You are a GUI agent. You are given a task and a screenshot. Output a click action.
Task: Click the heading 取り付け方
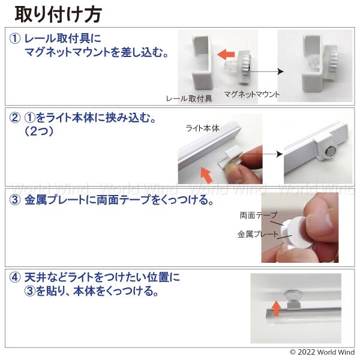(59, 14)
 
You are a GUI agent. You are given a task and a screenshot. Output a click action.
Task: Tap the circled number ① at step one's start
(15, 38)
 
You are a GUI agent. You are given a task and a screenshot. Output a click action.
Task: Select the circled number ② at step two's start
(15, 118)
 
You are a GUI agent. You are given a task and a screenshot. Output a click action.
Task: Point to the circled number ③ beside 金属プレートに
(15, 200)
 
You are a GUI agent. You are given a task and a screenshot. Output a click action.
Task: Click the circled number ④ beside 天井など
(15, 277)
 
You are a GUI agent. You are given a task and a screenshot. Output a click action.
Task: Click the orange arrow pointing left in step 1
(226, 55)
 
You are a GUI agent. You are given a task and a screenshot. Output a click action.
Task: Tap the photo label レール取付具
(189, 99)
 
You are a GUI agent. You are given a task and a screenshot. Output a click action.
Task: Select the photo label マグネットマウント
(252, 94)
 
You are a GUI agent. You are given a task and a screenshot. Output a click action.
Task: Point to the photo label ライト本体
(203, 128)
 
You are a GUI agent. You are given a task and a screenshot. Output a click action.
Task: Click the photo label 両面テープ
(259, 215)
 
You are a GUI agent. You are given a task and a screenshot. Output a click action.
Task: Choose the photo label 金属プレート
(258, 234)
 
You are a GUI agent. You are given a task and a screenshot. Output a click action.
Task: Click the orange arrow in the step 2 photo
(206, 175)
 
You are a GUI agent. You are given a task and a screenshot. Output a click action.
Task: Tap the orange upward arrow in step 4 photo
(276, 308)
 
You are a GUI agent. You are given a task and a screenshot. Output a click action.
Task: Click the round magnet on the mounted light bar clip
(331, 151)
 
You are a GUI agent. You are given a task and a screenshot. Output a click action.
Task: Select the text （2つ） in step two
(39, 131)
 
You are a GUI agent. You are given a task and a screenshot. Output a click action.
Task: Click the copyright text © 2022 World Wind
(322, 352)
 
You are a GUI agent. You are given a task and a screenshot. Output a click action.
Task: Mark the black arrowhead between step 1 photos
(280, 71)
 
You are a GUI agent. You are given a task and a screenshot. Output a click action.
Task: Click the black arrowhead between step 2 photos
(280, 154)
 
